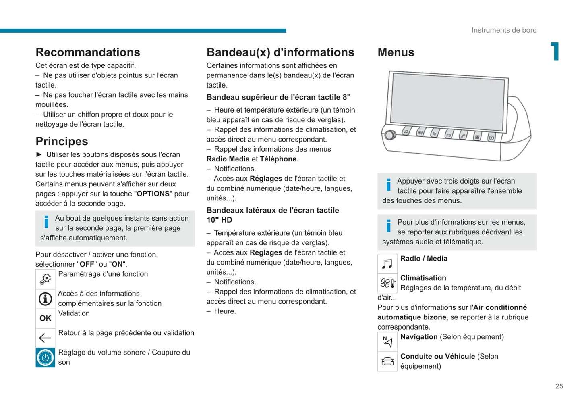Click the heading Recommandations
(x=88, y=52)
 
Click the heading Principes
(x=62, y=142)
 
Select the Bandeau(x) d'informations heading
(x=280, y=52)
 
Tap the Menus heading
(x=396, y=52)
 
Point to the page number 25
(x=559, y=386)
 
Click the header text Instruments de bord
(x=504, y=30)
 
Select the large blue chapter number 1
(x=555, y=51)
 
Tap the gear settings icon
(x=46, y=279)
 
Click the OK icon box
(x=46, y=318)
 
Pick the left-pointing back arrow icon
(x=46, y=338)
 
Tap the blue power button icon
(x=46, y=358)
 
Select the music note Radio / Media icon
(x=387, y=264)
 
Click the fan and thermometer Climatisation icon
(x=387, y=283)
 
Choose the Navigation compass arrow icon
(x=387, y=342)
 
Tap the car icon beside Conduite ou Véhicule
(x=387, y=361)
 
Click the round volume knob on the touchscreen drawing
(x=389, y=135)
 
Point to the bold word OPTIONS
(x=153, y=194)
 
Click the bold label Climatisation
(x=423, y=278)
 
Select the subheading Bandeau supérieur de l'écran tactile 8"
(x=278, y=97)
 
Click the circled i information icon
(x=46, y=299)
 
